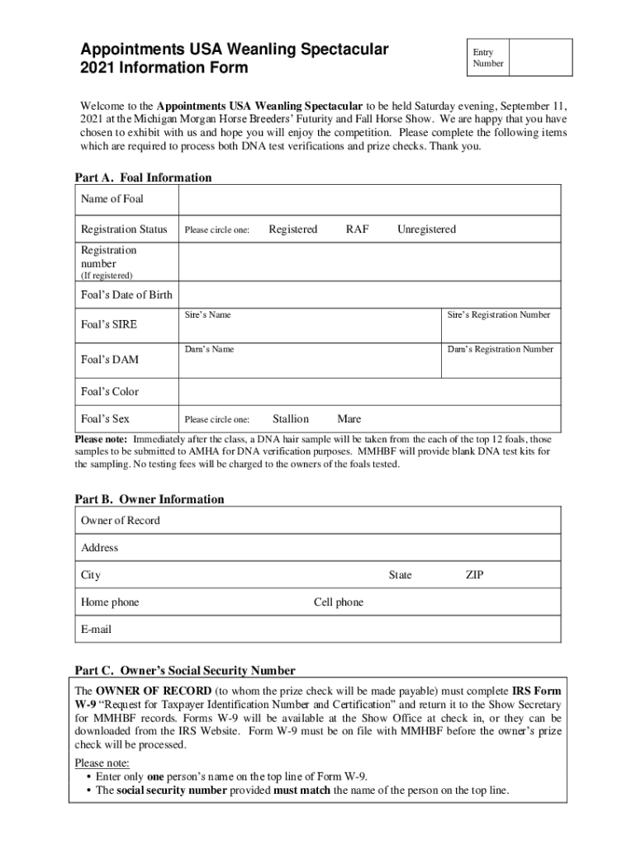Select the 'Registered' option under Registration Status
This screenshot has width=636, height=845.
(x=292, y=229)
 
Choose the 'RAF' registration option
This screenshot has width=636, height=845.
(x=357, y=229)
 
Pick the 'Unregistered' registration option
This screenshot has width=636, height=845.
(x=426, y=229)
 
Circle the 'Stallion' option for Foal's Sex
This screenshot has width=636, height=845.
(x=291, y=419)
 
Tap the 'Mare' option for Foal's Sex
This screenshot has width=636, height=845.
(x=349, y=419)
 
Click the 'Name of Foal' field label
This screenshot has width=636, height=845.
(x=112, y=199)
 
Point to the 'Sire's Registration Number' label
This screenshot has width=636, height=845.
(x=499, y=315)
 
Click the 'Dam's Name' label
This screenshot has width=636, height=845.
(x=209, y=350)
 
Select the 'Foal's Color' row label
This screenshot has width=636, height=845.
(x=110, y=392)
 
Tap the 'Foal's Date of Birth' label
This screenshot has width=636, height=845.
(x=126, y=295)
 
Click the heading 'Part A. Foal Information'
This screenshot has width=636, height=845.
(x=143, y=177)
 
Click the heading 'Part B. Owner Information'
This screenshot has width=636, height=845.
(x=150, y=499)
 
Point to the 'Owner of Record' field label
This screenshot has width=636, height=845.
(x=121, y=521)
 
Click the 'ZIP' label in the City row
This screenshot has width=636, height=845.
(x=474, y=575)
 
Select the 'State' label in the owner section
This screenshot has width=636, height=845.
(x=400, y=575)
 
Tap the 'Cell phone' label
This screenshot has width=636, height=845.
(x=339, y=602)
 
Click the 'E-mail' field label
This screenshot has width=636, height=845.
(x=96, y=630)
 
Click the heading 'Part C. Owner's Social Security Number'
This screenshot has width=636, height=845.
(x=185, y=671)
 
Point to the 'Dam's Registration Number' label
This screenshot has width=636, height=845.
(x=501, y=350)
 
